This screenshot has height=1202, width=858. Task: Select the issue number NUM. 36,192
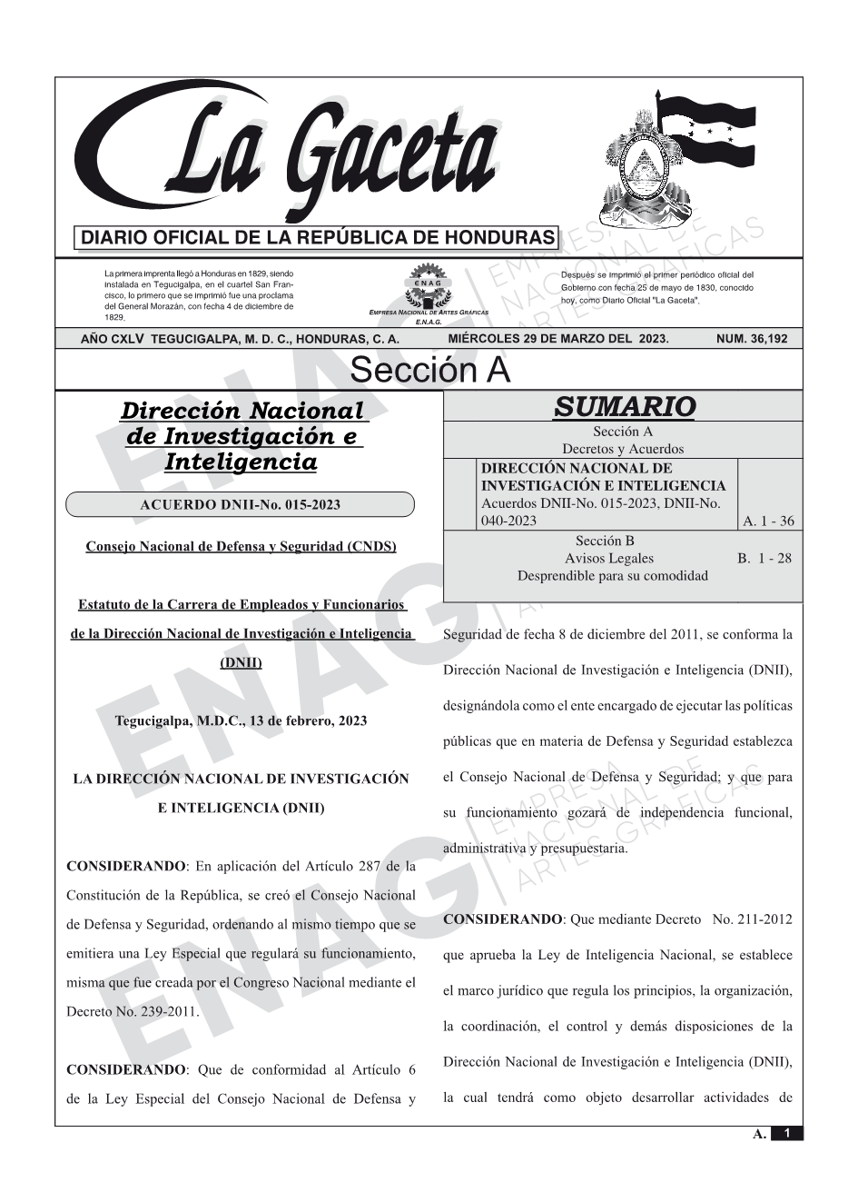click(752, 339)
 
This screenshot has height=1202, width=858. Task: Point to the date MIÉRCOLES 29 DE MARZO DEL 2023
click(557, 339)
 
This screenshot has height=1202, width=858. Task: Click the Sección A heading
click(429, 371)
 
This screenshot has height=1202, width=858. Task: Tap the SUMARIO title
click(624, 407)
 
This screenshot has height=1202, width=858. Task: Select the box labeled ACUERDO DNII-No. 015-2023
click(241, 505)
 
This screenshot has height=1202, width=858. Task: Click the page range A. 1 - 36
click(768, 522)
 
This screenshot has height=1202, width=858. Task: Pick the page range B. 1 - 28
click(764, 559)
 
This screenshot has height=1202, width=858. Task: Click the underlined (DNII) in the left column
click(242, 662)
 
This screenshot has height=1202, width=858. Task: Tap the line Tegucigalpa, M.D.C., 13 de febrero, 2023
click(241, 720)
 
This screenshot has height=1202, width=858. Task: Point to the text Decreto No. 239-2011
click(133, 1011)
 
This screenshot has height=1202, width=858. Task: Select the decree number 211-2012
click(753, 919)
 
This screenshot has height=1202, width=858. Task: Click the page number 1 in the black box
click(787, 1133)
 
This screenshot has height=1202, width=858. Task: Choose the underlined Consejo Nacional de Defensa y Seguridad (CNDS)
click(241, 547)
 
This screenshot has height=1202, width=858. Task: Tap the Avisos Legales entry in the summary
click(608, 559)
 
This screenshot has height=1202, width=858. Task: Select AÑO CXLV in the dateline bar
click(113, 339)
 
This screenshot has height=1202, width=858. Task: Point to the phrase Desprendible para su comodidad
click(612, 576)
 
